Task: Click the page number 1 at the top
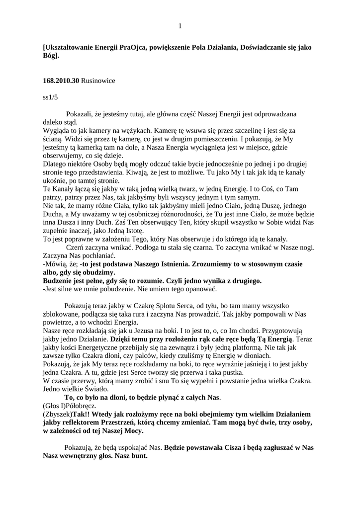(180, 26)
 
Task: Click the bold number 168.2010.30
(61, 80)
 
